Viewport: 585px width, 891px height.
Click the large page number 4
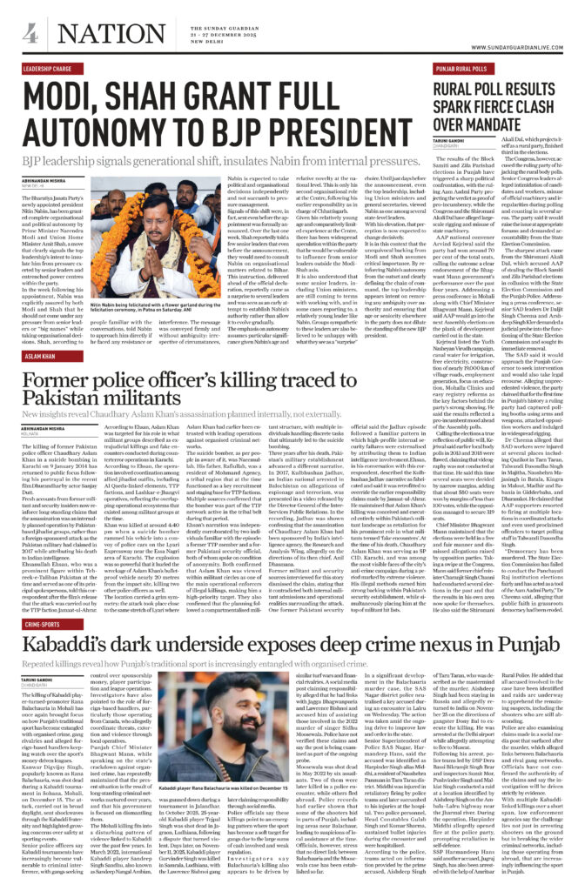(30, 34)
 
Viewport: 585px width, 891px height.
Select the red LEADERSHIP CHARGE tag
(49, 67)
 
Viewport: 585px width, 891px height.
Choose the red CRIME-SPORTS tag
(43, 623)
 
